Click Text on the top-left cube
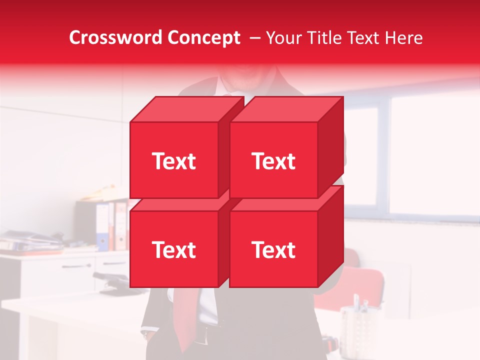point(173,161)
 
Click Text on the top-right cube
point(273,161)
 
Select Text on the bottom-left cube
point(173,250)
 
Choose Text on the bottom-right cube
point(273,250)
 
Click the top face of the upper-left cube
point(186,109)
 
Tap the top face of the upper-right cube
point(286,109)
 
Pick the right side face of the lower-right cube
point(330,236)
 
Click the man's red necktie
point(186,310)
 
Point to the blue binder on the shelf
point(102,227)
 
